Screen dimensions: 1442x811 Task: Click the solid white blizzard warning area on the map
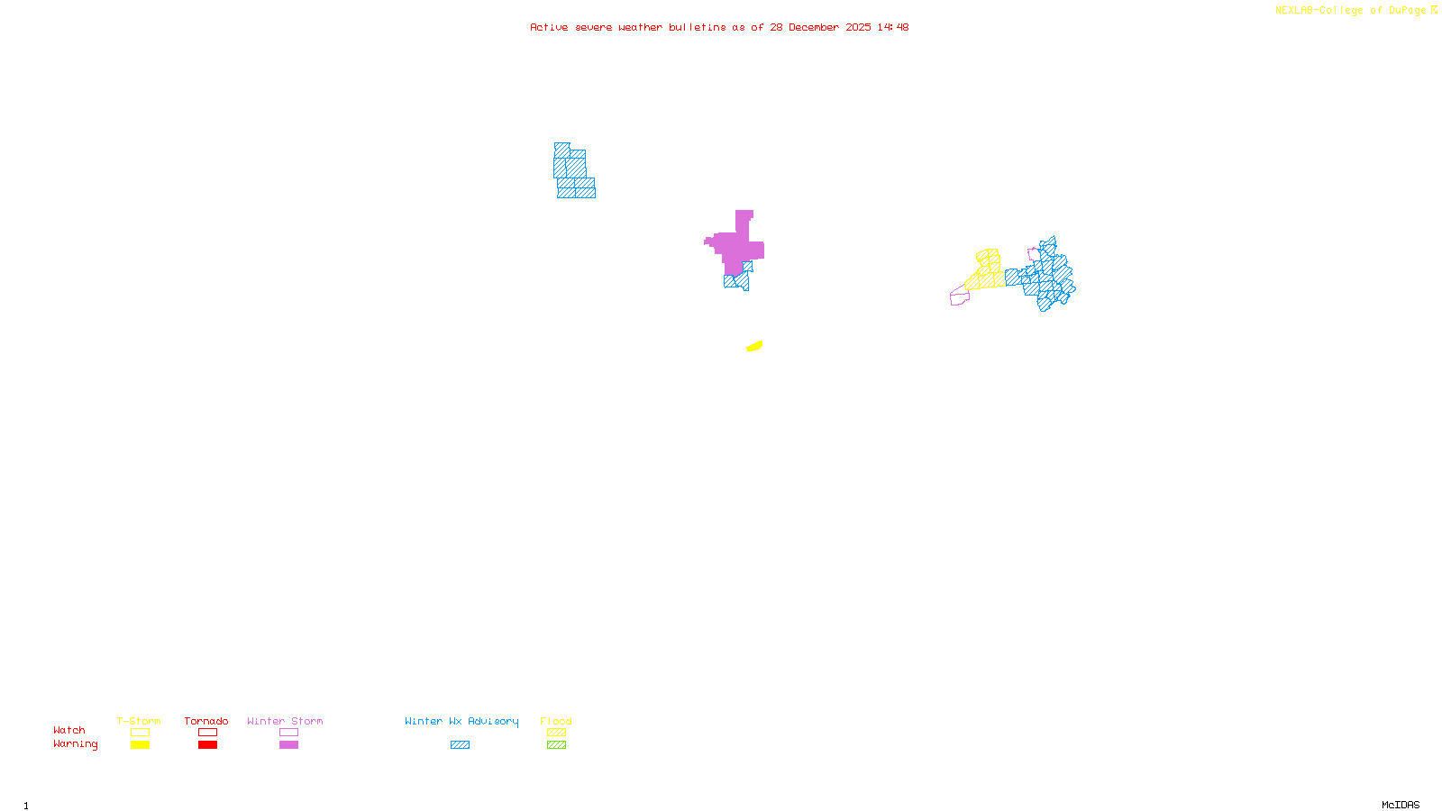707,265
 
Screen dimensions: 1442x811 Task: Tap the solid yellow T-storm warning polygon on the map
754,346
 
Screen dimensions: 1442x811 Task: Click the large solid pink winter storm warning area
735,247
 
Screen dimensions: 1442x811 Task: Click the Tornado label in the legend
206,721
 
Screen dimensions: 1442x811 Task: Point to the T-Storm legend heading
139,721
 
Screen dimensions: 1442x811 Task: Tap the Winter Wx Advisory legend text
461,721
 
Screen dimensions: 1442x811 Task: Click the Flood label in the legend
556,721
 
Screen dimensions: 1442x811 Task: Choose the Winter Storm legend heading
285,721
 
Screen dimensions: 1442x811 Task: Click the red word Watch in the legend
69,730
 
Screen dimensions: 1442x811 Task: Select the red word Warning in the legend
76,744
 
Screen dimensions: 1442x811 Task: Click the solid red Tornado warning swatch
207,745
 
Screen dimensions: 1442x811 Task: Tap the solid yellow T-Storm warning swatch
140,745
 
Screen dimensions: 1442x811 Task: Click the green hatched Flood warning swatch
556,745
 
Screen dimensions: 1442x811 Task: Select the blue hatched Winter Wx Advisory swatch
460,745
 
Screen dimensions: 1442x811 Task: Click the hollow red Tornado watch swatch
207,733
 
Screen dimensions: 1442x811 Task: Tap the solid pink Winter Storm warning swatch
288,745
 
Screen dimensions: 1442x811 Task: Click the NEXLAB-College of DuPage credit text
1351,11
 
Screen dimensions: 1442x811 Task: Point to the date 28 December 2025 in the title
820,27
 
